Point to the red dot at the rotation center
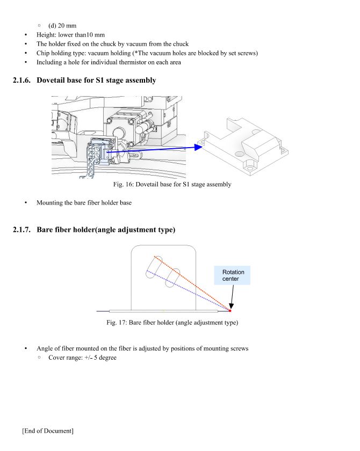pos(230,310)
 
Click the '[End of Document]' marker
pos(48,431)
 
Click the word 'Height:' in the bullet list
pos(47,34)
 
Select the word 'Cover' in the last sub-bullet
pos(57,358)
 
